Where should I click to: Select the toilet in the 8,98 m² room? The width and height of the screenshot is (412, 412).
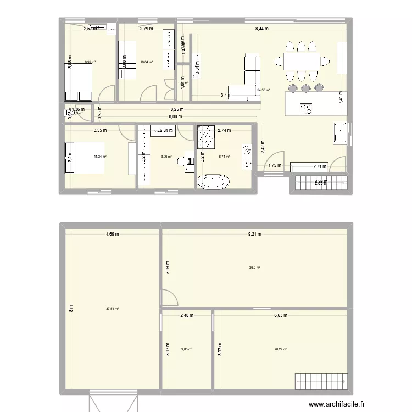pyautogui.click(x=190, y=161)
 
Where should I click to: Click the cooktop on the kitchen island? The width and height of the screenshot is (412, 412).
pyautogui.click(x=305, y=109)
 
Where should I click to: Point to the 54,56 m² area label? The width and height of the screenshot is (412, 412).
pyautogui.click(x=263, y=90)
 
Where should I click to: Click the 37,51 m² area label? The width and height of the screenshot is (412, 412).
pyautogui.click(x=113, y=309)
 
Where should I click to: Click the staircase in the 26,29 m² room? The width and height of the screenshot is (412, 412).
pyautogui.click(x=321, y=380)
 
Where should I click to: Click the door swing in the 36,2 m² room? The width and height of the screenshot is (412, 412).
pyautogui.click(x=169, y=297)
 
